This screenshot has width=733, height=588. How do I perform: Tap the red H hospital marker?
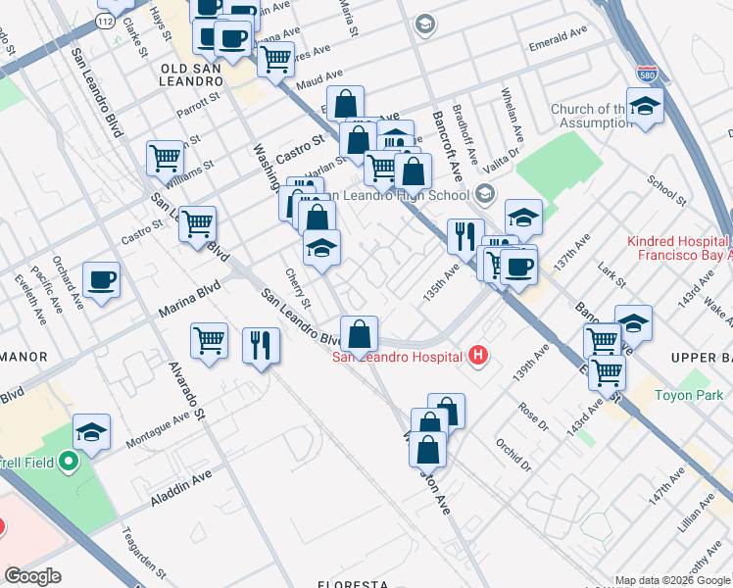click(x=477, y=356)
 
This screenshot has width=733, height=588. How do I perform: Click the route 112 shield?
click(x=106, y=21)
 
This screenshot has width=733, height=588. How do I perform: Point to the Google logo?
click(x=33, y=576)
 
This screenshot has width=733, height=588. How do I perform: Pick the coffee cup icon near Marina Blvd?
click(x=102, y=281)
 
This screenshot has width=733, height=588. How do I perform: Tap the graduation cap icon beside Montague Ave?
click(x=92, y=432)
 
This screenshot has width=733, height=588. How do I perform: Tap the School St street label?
click(x=666, y=184)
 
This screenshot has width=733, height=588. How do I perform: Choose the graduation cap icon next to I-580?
click(x=645, y=107)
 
